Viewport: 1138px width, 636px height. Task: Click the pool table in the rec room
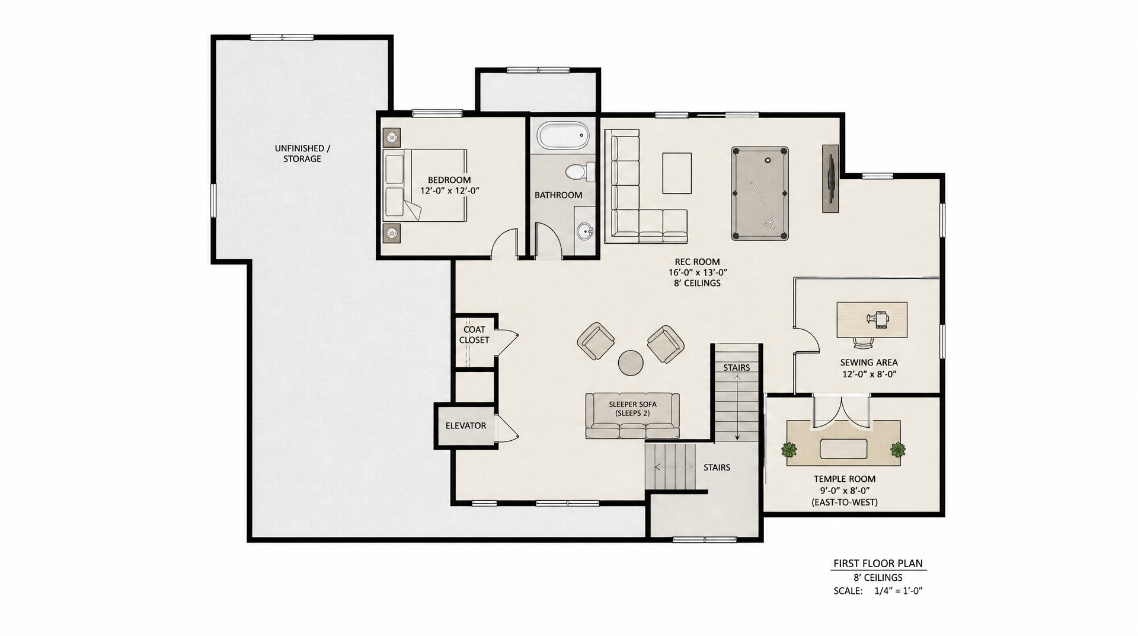[x=760, y=193]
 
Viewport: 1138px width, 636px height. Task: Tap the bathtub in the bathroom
[x=564, y=136]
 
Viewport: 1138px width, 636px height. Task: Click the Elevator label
[x=466, y=425]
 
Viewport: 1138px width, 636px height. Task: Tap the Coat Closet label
[x=474, y=335]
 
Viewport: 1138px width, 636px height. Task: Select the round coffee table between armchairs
[x=631, y=362]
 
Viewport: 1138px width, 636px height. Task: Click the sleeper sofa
[x=632, y=415]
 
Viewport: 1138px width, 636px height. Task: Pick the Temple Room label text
[x=845, y=479]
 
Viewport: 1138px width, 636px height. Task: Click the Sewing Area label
[x=869, y=362]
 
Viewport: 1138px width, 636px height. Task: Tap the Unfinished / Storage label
[x=302, y=154]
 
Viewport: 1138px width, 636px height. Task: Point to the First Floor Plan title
[x=878, y=564]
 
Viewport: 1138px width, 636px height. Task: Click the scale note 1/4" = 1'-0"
[x=899, y=591]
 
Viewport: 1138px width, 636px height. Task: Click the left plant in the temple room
[x=789, y=450]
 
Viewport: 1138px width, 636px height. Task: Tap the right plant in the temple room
[x=898, y=450]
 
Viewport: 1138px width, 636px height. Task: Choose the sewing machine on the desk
[x=877, y=319]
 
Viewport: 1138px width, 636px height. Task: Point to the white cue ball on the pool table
[x=768, y=160]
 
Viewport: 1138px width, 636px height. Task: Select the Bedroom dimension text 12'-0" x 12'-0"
[x=449, y=190]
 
